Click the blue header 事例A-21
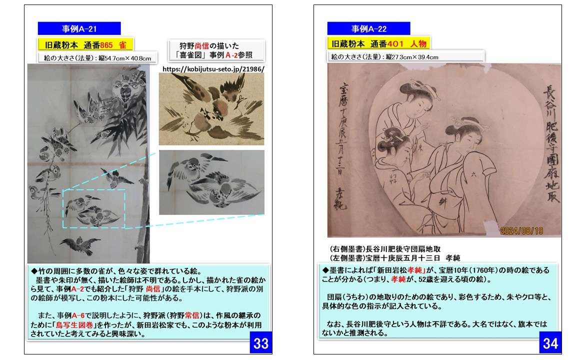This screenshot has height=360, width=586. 79,29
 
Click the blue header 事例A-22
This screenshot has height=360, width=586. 368,29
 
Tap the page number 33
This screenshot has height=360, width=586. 261,343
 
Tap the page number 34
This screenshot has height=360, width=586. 550,343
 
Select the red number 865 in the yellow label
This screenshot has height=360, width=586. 106,45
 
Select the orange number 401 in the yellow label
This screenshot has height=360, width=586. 395,43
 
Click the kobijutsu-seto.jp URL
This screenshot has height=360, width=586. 213,69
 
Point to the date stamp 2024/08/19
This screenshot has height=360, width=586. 521,231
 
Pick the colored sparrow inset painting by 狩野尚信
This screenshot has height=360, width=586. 211,109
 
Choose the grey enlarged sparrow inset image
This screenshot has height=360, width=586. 211,182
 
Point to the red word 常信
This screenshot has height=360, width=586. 192,315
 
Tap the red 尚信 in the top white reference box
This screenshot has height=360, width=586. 201,46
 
